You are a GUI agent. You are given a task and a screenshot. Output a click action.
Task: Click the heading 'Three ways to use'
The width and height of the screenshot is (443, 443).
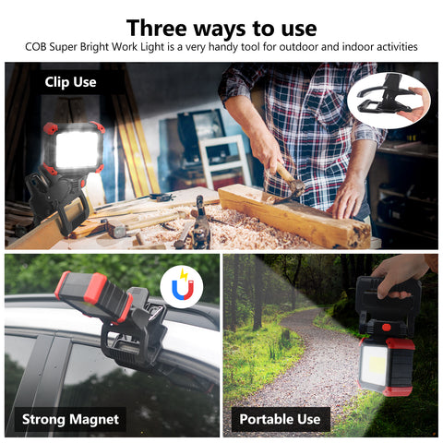click(x=221, y=27)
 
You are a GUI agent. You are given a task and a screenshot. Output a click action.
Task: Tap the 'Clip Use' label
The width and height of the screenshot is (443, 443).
click(x=70, y=82)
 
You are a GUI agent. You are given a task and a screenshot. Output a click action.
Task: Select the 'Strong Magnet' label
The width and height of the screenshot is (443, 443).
click(x=70, y=418)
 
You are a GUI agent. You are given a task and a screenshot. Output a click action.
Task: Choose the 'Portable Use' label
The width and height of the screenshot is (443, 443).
click(x=279, y=418)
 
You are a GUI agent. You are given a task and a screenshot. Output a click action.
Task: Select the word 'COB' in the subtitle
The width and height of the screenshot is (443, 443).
click(x=38, y=47)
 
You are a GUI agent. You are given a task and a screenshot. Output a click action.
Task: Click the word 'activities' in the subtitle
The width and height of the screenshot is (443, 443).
click(x=391, y=47)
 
